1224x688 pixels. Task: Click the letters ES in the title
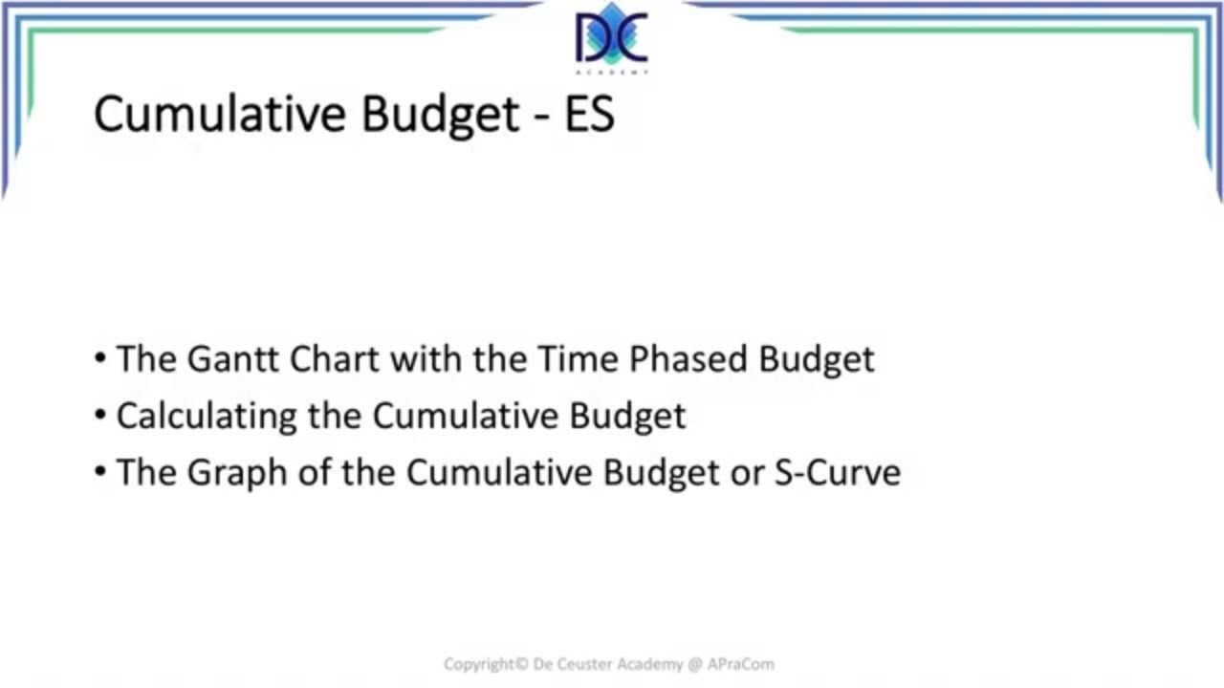(589, 114)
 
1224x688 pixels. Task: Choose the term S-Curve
(837, 473)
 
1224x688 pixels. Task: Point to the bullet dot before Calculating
(101, 416)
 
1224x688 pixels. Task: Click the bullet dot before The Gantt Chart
(101, 359)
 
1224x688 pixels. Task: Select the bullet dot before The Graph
(101, 473)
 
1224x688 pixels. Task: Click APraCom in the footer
(742, 663)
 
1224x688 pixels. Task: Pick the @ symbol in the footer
(694, 663)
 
